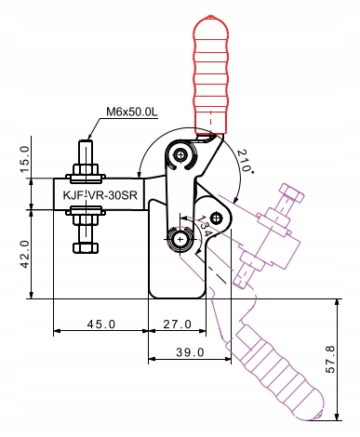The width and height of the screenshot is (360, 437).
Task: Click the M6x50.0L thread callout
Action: tap(132, 112)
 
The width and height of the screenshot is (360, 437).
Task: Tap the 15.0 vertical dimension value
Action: tap(26, 160)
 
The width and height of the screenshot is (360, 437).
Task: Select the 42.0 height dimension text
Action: tap(26, 254)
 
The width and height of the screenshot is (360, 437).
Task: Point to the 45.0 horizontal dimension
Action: tap(101, 324)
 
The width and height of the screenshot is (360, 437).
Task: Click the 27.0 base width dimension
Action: tap(178, 324)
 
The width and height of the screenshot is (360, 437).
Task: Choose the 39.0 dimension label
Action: tap(190, 352)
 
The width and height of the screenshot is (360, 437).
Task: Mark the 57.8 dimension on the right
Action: tap(331, 360)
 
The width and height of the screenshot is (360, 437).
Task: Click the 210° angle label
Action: tap(245, 161)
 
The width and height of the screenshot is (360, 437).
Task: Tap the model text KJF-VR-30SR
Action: tap(100, 195)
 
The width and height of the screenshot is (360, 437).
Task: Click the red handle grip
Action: tap(211, 74)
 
